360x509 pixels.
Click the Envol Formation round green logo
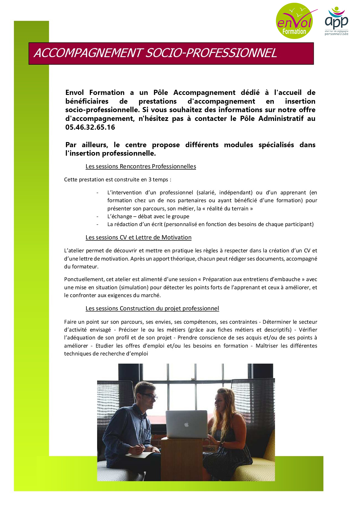294,21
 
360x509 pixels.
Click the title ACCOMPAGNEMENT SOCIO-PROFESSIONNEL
155,53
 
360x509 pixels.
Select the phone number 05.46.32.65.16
90,127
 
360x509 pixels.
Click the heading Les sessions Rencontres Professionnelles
141,167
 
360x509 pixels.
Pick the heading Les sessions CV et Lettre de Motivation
138,238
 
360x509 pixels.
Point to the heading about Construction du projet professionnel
152,309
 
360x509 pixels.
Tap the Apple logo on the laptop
187,425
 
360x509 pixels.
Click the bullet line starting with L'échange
148,216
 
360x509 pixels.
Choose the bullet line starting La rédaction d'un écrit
210,224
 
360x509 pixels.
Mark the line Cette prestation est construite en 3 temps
118,180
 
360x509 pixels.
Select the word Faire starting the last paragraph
70,322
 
